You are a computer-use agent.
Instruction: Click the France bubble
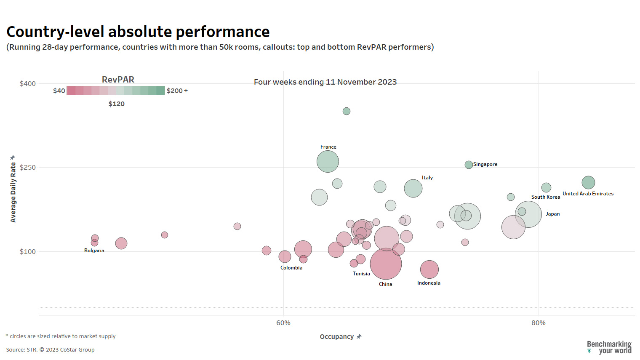pyautogui.click(x=328, y=161)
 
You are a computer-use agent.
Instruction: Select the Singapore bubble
pyautogui.click(x=469, y=165)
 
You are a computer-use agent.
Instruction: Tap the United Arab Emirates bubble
pyautogui.click(x=588, y=182)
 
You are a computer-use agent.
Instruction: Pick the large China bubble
pyautogui.click(x=386, y=264)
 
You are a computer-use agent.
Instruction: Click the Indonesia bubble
pyautogui.click(x=429, y=269)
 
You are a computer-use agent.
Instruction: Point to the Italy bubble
pyautogui.click(x=413, y=188)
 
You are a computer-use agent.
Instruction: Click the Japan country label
pyautogui.click(x=552, y=214)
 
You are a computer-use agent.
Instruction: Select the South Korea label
pyautogui.click(x=545, y=197)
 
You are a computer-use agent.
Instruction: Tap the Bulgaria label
pyautogui.click(x=94, y=251)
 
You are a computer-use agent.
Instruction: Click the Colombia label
pyautogui.click(x=291, y=268)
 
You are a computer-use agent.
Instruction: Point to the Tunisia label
pyautogui.click(x=361, y=274)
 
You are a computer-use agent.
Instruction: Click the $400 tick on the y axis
pyautogui.click(x=28, y=84)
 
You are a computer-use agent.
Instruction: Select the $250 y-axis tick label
pyautogui.click(x=28, y=168)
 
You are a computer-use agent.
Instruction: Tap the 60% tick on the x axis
pyautogui.click(x=283, y=323)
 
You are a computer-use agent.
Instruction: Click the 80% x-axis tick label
pyautogui.click(x=538, y=323)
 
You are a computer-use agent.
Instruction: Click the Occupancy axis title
pyautogui.click(x=337, y=337)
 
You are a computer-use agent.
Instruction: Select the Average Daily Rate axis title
pyautogui.click(x=13, y=192)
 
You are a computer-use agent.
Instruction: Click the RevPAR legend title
pyautogui.click(x=118, y=80)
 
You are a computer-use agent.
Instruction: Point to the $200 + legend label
pyautogui.click(x=177, y=91)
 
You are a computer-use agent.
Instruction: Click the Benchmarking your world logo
pyautogui.click(x=609, y=347)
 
